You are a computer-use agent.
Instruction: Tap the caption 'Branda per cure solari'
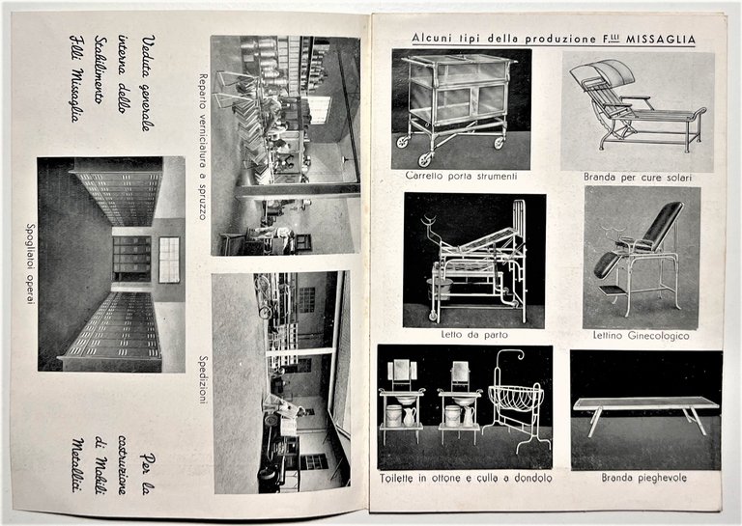(637, 177)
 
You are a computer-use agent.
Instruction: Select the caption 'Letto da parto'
(474, 334)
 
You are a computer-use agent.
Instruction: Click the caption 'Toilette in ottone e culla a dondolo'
(465, 477)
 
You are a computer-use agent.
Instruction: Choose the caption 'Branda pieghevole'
(642, 477)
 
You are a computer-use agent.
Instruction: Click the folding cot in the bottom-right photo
(644, 409)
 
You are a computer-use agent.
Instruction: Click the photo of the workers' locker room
(110, 263)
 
